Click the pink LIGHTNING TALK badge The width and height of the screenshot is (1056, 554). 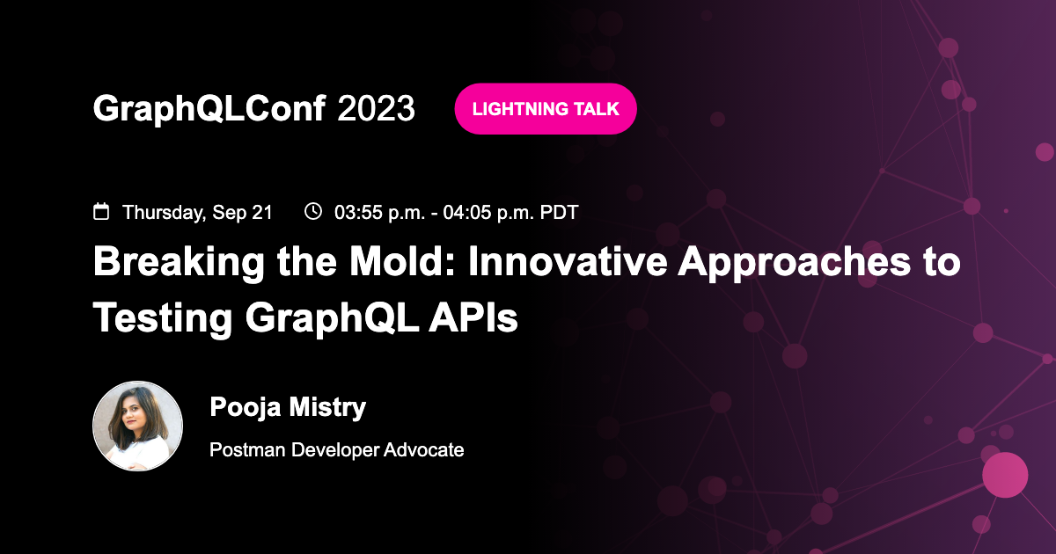tap(545, 109)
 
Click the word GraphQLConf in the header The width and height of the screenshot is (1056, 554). tap(209, 109)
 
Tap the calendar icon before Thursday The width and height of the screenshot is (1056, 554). tap(102, 212)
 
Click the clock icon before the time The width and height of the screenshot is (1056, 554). tap(312, 211)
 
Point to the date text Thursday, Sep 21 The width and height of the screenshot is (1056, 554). tap(197, 212)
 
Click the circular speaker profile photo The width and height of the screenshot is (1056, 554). tap(137, 426)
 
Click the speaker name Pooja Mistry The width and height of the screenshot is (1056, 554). tap(288, 407)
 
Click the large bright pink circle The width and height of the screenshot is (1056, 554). tap(1005, 475)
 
